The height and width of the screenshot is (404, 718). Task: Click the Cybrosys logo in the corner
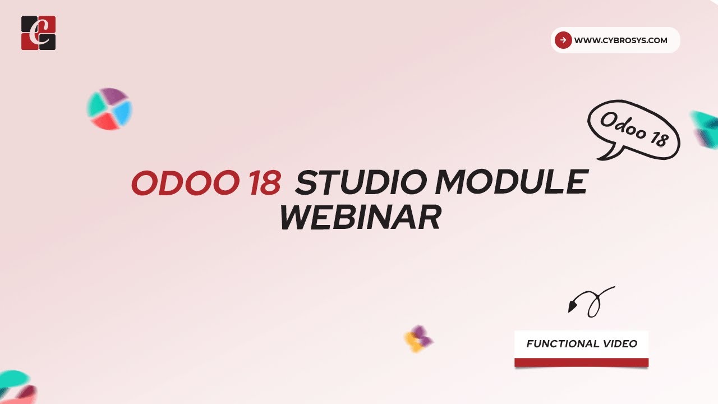pyautogui.click(x=38, y=33)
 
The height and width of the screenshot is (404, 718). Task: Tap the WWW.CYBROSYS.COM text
pyautogui.click(x=620, y=40)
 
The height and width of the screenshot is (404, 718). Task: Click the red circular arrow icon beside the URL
pyautogui.click(x=563, y=40)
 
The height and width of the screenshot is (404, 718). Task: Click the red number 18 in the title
pyautogui.click(x=263, y=183)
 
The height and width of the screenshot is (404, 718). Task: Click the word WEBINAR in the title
pyautogui.click(x=361, y=217)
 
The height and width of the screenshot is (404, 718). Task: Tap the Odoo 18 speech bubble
pyautogui.click(x=634, y=128)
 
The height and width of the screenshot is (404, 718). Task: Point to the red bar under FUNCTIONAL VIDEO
pyautogui.click(x=581, y=362)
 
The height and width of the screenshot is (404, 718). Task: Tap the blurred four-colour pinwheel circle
pyautogui.click(x=109, y=109)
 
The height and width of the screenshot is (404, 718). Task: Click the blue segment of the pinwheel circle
pyautogui.click(x=123, y=112)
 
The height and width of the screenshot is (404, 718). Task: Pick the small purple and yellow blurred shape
pyautogui.click(x=418, y=338)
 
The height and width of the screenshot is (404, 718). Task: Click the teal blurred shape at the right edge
pyautogui.click(x=706, y=127)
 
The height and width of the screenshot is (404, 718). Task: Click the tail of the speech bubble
pyautogui.click(x=605, y=151)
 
